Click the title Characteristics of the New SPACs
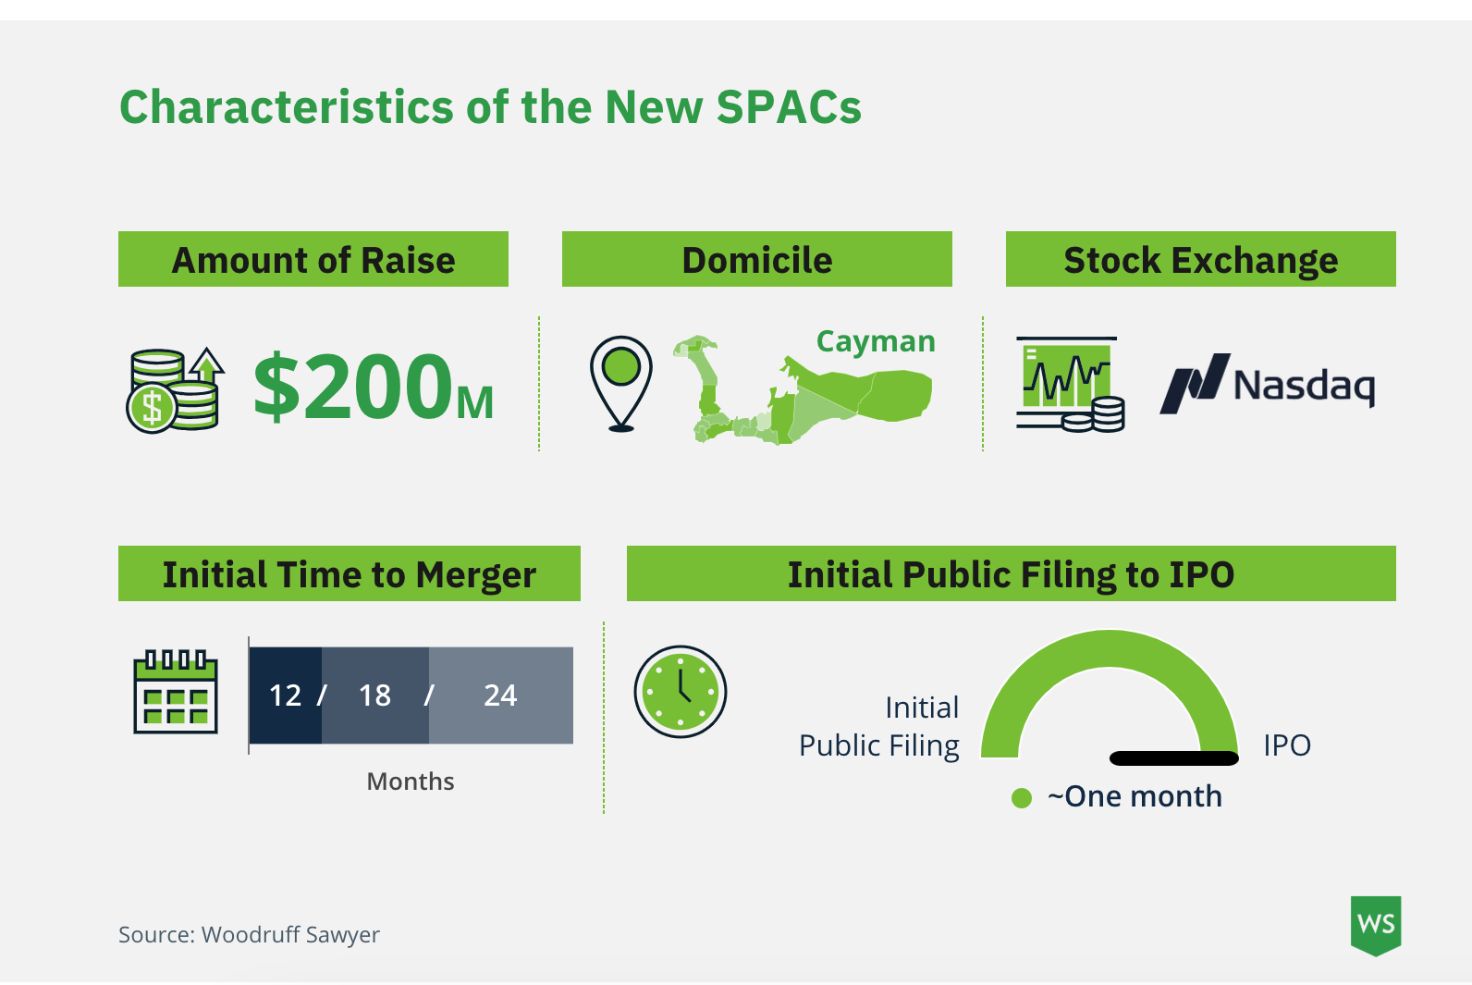click(x=490, y=107)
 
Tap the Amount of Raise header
click(x=313, y=260)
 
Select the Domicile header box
click(x=756, y=260)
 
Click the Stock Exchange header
click(x=1200, y=260)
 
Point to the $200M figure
click(x=374, y=387)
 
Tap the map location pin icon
click(x=621, y=382)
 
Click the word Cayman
click(x=876, y=341)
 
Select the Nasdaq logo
click(x=1268, y=384)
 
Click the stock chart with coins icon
click(x=1070, y=384)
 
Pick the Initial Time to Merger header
click(x=349, y=574)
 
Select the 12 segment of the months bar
click(x=285, y=696)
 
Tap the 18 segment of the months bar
click(x=374, y=696)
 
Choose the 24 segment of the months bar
click(x=500, y=696)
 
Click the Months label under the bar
click(x=411, y=782)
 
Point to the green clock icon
click(x=681, y=692)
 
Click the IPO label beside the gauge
click(x=1287, y=745)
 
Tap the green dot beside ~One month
click(x=1022, y=797)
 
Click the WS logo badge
click(x=1376, y=924)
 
